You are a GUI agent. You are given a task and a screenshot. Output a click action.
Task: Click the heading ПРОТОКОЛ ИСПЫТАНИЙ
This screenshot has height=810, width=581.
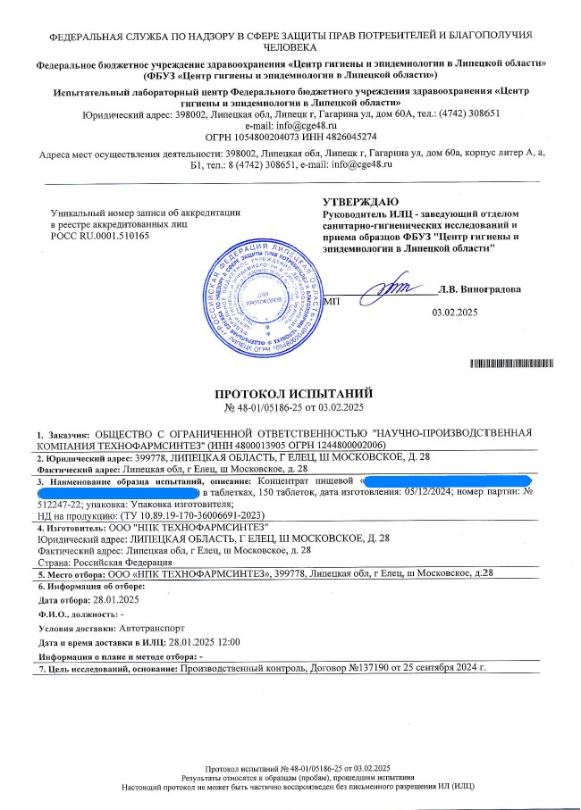pos(292,394)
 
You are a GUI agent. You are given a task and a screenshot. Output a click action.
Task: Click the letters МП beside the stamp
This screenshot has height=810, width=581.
pos(331,302)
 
